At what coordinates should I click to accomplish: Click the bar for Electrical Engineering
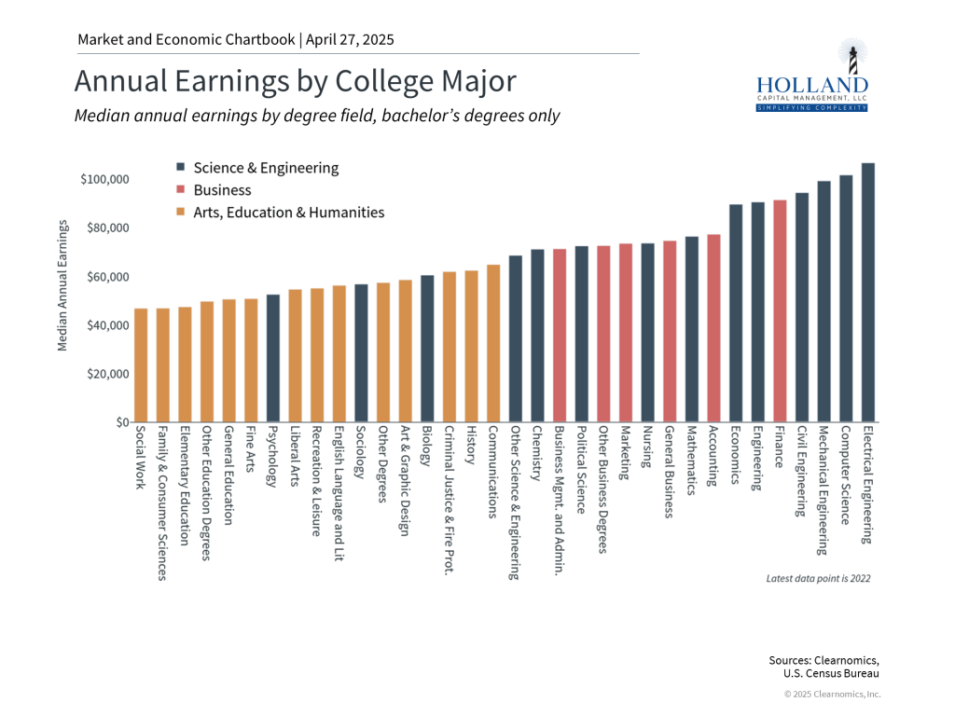tap(867, 293)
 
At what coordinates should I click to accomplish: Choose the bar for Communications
tap(493, 344)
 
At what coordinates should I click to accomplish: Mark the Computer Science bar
tap(846, 298)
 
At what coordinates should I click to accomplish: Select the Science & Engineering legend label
tap(266, 168)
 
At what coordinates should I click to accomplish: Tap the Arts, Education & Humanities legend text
tap(288, 213)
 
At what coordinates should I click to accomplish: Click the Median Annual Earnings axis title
tap(63, 285)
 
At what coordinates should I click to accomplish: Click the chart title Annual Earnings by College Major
tap(295, 81)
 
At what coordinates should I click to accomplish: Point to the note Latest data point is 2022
tap(818, 579)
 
